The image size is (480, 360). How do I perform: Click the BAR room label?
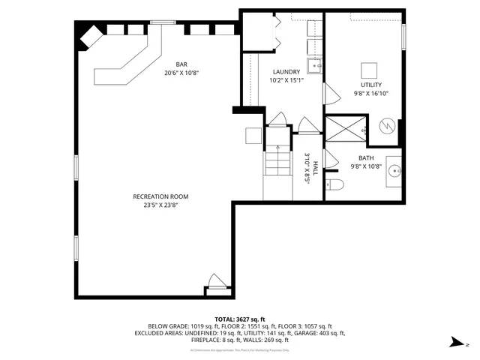[x=181, y=64]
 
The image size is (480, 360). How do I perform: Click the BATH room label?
[x=366, y=158]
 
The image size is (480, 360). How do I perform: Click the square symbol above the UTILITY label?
[x=367, y=70]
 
